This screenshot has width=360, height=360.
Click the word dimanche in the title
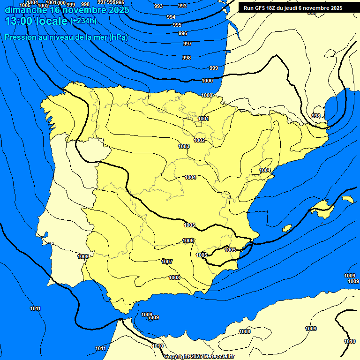coord(25,10)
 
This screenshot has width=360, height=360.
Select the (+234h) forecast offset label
coord(83,21)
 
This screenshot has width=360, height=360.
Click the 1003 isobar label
coord(184,147)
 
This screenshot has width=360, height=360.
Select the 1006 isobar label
coord(188,240)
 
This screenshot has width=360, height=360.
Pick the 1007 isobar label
coord(167,262)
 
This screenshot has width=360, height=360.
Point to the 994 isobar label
coord(171,17)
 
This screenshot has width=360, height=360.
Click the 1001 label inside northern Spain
coord(203,119)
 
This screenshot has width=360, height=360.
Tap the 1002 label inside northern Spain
coord(199,140)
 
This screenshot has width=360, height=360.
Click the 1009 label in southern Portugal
coord(83,256)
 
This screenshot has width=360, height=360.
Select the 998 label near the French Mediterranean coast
coord(316,116)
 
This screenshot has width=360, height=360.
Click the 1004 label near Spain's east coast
coord(265,170)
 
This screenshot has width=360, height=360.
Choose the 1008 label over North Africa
coord(245,332)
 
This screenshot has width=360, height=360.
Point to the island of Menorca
coord(348,199)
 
